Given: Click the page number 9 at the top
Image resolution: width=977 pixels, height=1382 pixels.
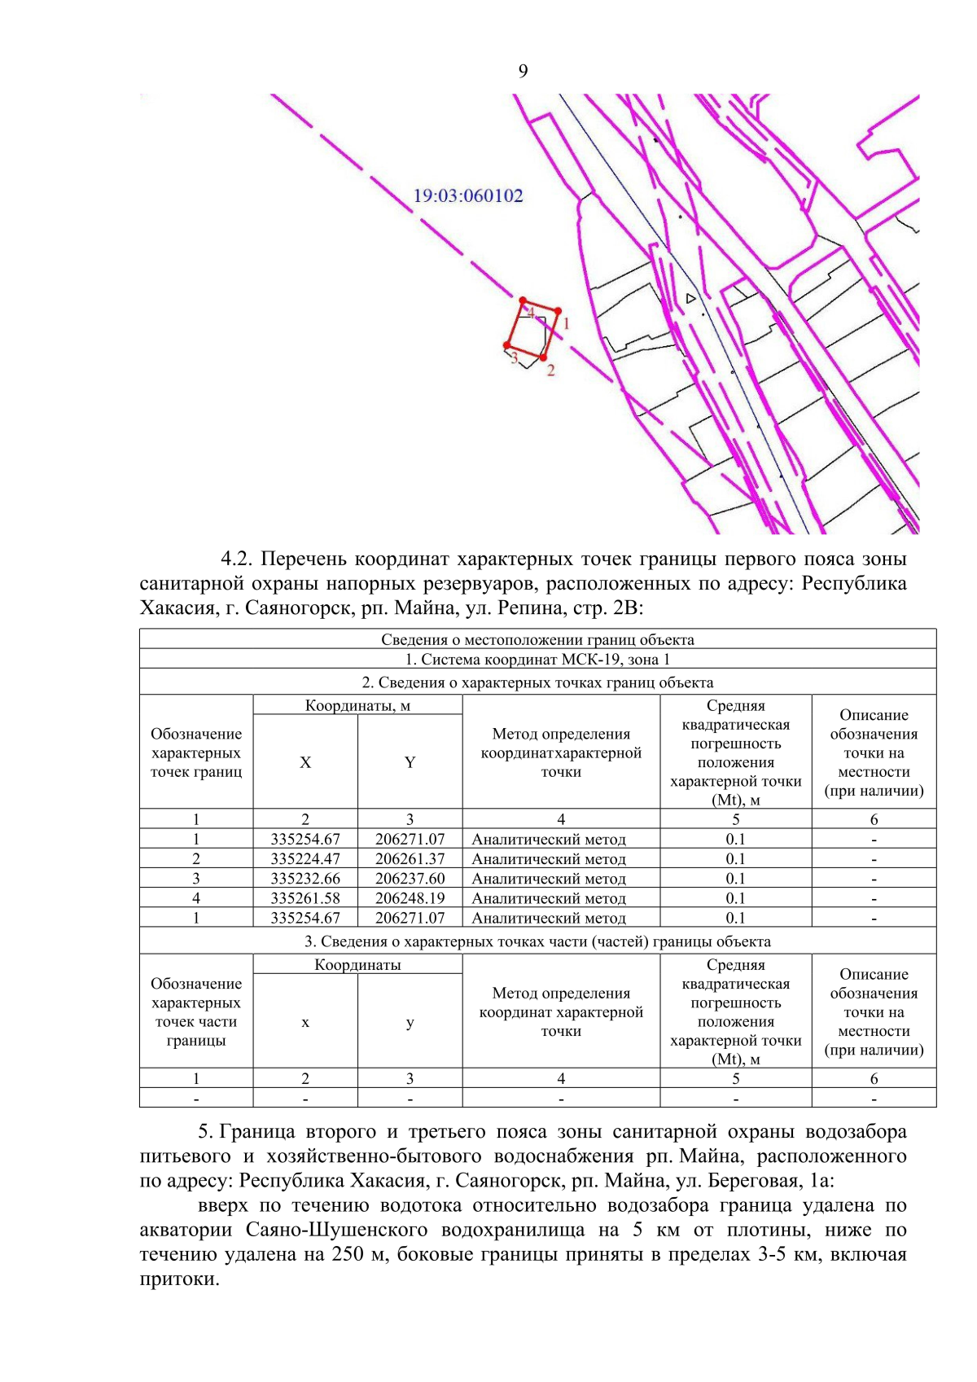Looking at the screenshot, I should [523, 72].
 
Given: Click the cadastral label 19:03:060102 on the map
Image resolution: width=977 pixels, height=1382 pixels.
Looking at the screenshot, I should [468, 195].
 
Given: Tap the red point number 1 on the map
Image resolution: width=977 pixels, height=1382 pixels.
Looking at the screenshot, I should [559, 310].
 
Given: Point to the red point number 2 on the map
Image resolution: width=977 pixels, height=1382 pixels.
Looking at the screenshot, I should [543, 357].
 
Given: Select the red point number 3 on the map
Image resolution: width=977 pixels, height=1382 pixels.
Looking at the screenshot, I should [507, 346].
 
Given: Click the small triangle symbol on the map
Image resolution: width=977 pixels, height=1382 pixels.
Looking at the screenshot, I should [690, 299].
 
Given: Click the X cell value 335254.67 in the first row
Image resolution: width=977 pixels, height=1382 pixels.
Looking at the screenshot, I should [305, 839].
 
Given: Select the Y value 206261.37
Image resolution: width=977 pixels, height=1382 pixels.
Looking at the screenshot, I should [410, 858].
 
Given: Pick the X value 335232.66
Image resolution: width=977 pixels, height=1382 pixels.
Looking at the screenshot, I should [305, 879].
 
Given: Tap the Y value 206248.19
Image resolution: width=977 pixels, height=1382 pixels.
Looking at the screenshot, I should [410, 898].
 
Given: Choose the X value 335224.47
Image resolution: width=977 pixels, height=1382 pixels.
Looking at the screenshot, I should [305, 858].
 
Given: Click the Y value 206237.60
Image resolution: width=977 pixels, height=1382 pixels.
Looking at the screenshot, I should [410, 879].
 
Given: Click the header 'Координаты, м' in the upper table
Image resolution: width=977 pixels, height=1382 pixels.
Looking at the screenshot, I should [357, 705].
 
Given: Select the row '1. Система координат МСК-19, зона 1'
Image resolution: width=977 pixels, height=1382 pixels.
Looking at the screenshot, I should [537, 660].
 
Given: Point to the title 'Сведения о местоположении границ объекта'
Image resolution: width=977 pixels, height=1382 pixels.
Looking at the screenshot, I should [537, 640].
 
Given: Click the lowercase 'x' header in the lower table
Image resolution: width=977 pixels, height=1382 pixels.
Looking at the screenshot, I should [305, 1023].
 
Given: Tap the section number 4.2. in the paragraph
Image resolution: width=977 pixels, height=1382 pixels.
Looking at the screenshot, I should [237, 559].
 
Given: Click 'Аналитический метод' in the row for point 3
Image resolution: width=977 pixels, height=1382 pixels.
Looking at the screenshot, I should [549, 879].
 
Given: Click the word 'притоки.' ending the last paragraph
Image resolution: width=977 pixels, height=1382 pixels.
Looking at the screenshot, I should [179, 1279].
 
